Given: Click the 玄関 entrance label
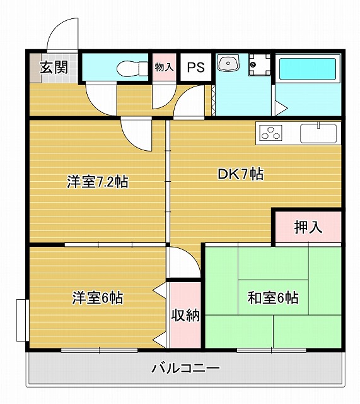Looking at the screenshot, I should [54, 68].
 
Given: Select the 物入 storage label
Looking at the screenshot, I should [165, 67].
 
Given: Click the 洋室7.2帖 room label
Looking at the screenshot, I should [98, 182].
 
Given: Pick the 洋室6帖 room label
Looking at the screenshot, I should [97, 297].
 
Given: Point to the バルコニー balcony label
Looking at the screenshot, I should [185, 368].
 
